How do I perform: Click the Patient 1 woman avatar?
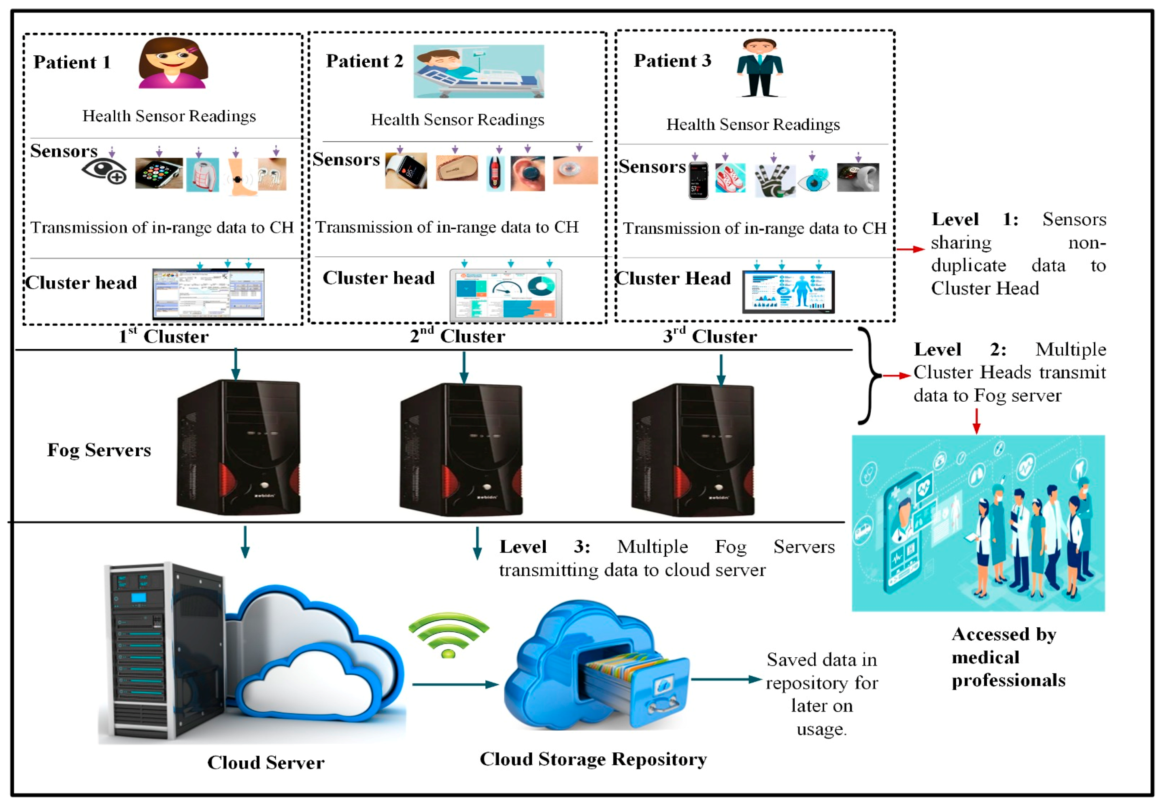(172, 63)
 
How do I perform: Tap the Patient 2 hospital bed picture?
(478, 71)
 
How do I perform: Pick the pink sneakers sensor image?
(729, 178)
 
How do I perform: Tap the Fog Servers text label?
(99, 449)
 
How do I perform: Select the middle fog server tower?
(460, 449)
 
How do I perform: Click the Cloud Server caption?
(266, 762)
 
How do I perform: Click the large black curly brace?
(869, 376)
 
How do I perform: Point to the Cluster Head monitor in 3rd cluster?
(788, 292)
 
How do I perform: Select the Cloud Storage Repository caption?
(593, 759)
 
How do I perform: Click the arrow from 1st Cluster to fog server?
(235, 364)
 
